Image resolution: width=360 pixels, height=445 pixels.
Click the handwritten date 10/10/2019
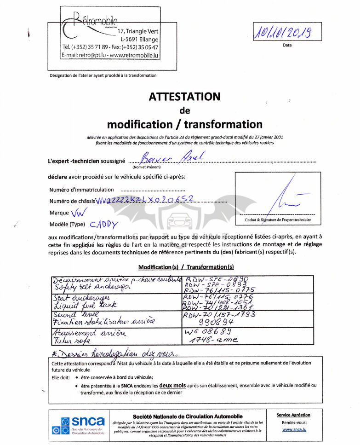283,32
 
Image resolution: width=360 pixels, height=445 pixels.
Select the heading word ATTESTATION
184,97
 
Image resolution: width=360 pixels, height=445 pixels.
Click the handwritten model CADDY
103,225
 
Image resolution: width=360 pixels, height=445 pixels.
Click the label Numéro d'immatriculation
81,190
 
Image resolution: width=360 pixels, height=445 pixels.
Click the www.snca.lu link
294,429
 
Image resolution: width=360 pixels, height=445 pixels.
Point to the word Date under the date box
287,45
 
